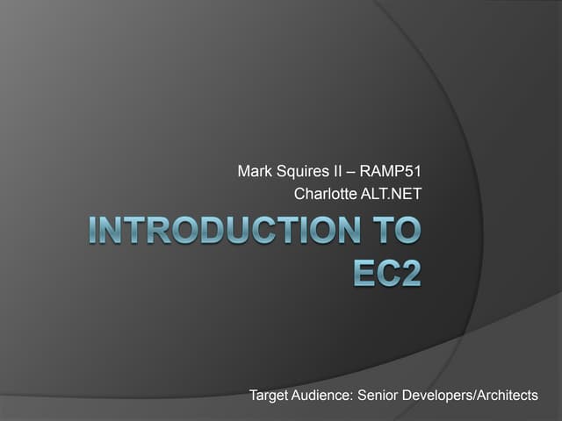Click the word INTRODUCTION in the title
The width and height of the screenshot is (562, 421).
pyautogui.click(x=220, y=232)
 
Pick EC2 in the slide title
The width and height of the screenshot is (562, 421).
pyautogui.click(x=386, y=271)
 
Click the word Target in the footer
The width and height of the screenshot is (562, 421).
pyautogui.click(x=270, y=396)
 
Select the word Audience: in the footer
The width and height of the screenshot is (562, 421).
pyautogui.click(x=325, y=396)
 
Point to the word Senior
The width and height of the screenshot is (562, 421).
pyautogui.click(x=379, y=396)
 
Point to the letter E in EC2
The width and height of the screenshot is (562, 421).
pyautogui.click(x=363, y=271)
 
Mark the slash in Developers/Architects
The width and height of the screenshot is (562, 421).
pyautogui.click(x=475, y=396)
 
